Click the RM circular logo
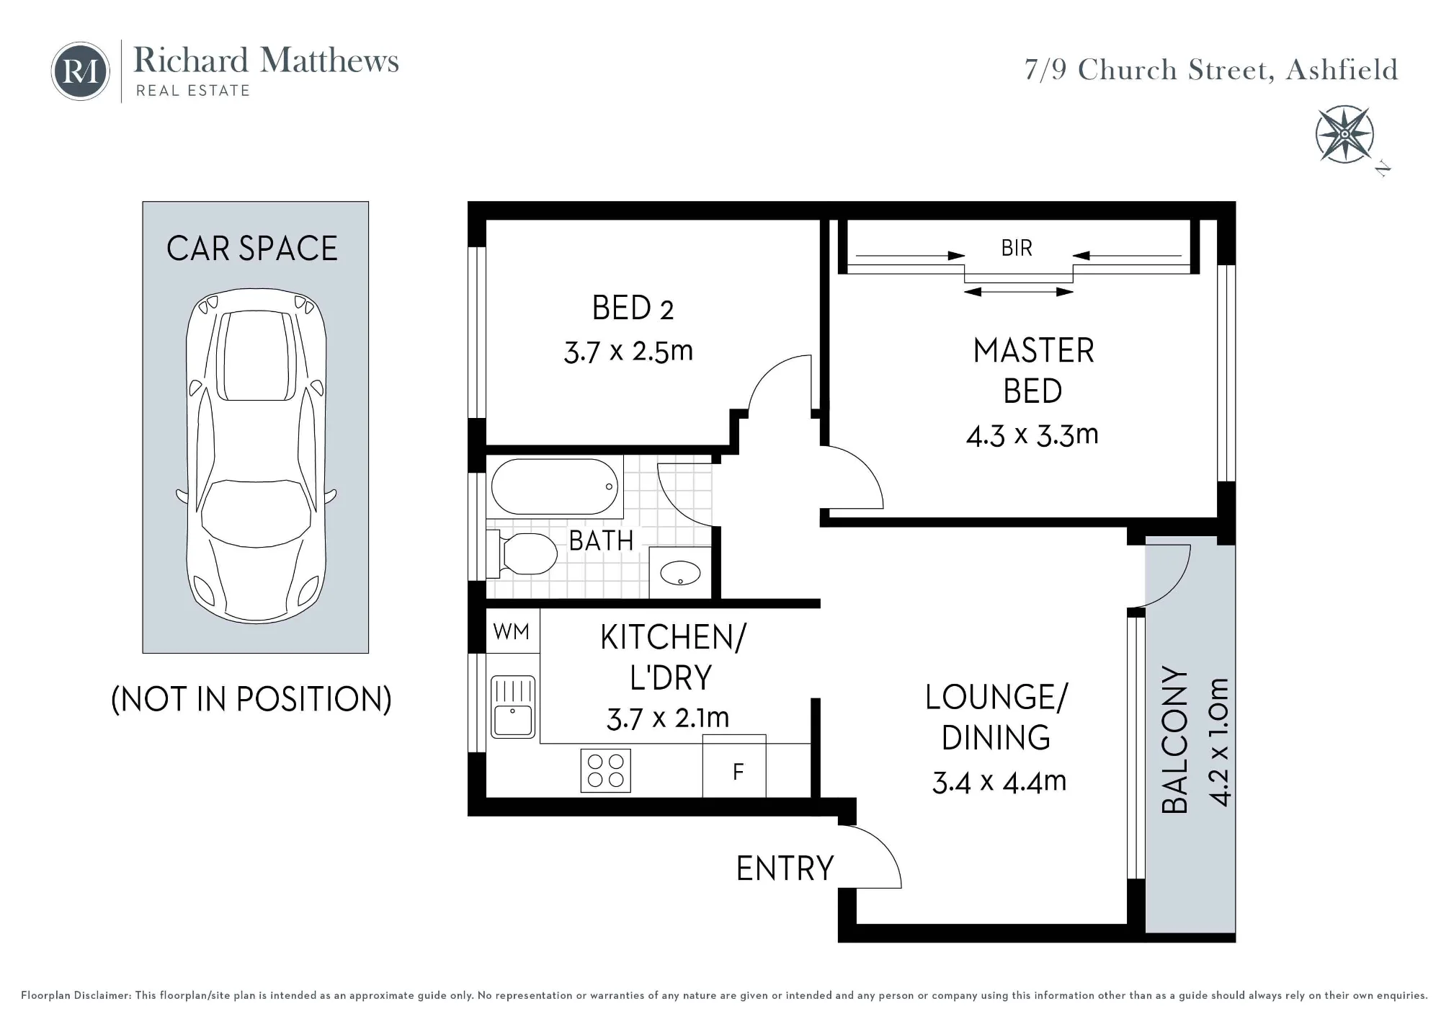click(x=80, y=71)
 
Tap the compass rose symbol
click(x=1344, y=135)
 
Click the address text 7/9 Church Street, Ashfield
click(x=1211, y=71)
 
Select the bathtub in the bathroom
click(x=555, y=486)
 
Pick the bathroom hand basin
click(x=680, y=574)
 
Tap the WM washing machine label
click(x=512, y=632)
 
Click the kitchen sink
click(x=513, y=707)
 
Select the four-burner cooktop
click(x=606, y=771)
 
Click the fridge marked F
click(x=734, y=766)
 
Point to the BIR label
click(x=1017, y=249)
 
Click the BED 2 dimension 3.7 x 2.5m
click(x=628, y=352)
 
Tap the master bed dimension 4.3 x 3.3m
click(x=1032, y=435)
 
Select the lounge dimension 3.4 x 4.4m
click(x=999, y=782)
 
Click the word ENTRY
click(x=785, y=868)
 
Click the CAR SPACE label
click(x=252, y=249)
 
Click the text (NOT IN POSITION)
click(x=251, y=699)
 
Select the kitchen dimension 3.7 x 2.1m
click(x=668, y=718)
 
